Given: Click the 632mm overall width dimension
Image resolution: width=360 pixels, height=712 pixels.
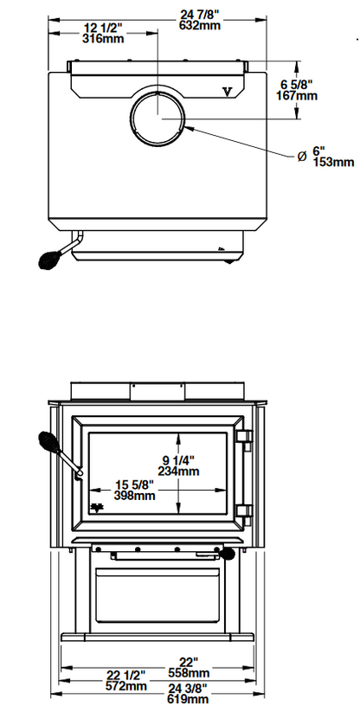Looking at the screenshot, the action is point(199,26).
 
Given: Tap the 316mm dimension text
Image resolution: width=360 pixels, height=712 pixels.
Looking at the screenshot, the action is point(103,39).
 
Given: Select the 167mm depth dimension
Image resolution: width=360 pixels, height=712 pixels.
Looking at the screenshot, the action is point(297,96).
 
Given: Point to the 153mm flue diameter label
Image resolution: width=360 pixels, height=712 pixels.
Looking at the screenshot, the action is point(333,162).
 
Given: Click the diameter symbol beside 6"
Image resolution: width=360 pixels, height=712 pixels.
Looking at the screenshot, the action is point(302,157).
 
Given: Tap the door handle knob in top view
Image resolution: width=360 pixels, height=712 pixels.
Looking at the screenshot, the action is point(48,260).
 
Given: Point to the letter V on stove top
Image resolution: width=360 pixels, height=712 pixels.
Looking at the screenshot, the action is point(228,93).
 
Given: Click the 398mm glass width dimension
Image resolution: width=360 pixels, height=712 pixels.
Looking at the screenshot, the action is point(134,495).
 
